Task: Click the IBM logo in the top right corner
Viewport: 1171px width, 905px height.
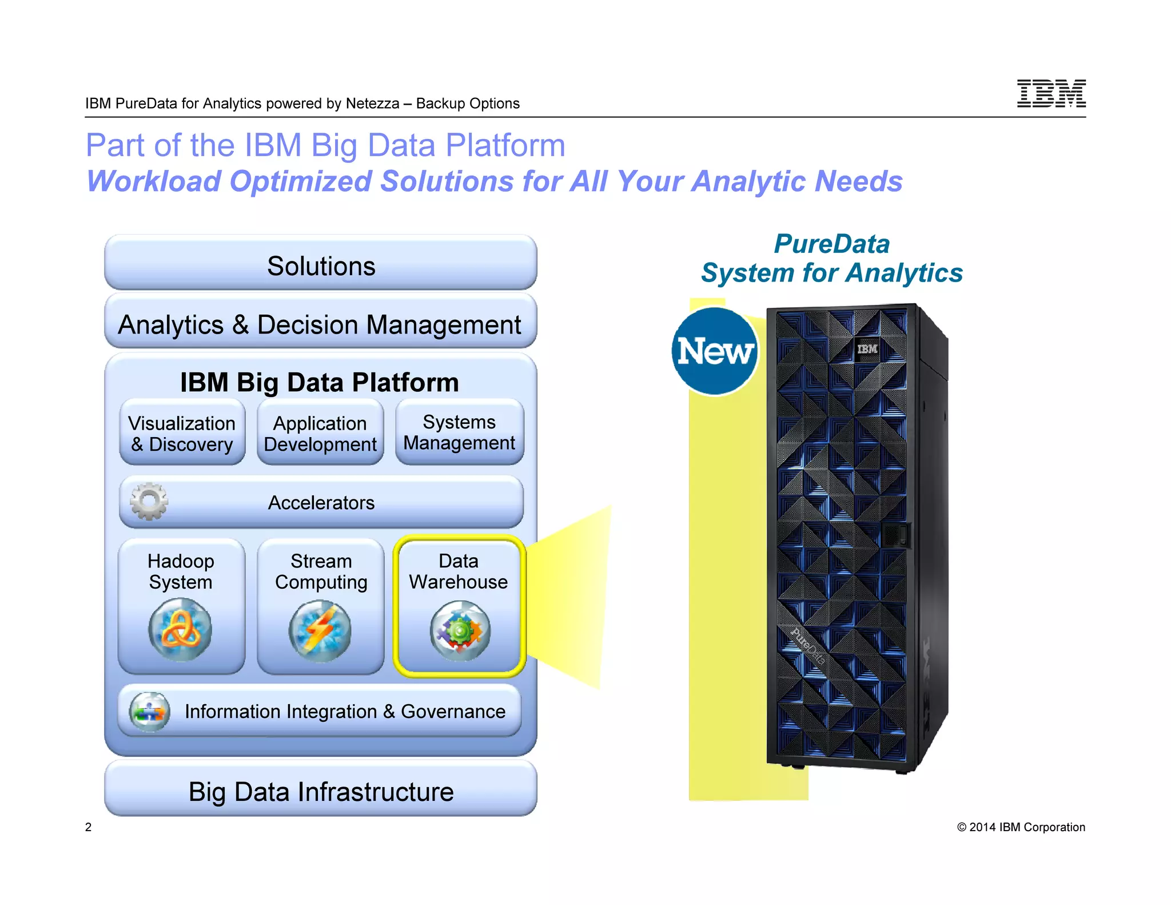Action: pyautogui.click(x=1051, y=94)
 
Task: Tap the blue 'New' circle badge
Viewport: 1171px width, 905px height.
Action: pyautogui.click(x=714, y=351)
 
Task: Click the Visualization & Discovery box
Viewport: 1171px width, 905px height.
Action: pyautogui.click(x=182, y=433)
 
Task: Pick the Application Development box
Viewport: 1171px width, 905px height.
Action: pyautogui.click(x=320, y=433)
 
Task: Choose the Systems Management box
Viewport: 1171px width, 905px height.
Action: pyautogui.click(x=459, y=432)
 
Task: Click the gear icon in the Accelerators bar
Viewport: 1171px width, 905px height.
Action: pyautogui.click(x=149, y=501)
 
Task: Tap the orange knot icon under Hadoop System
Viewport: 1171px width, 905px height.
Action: pyautogui.click(x=180, y=629)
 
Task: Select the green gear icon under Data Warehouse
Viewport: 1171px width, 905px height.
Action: pyautogui.click(x=460, y=630)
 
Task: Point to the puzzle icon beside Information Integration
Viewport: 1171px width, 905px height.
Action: pyautogui.click(x=150, y=712)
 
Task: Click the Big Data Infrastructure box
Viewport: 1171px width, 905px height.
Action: pyautogui.click(x=321, y=791)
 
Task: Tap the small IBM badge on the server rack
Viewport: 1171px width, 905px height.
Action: pyautogui.click(x=867, y=348)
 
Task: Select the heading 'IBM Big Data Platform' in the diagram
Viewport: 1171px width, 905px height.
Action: pyautogui.click(x=320, y=382)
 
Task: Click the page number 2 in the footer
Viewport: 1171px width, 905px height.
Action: pyautogui.click(x=88, y=827)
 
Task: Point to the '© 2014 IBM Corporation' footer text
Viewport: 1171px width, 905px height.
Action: pyautogui.click(x=1021, y=827)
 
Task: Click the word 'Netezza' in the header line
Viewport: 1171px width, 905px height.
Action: pyautogui.click(x=372, y=104)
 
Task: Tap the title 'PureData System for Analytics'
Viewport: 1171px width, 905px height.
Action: pyautogui.click(x=832, y=259)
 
